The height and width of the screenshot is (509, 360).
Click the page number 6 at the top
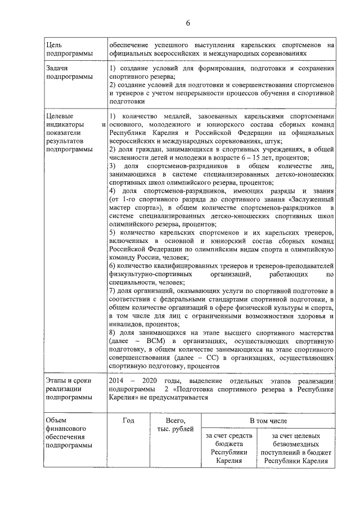click(188, 22)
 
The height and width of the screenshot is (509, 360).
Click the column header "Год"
click(128, 420)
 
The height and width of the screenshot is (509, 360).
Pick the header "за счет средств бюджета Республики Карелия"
click(229, 448)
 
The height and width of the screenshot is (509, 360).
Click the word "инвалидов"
click(128, 323)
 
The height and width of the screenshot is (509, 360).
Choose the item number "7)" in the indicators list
click(112, 290)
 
